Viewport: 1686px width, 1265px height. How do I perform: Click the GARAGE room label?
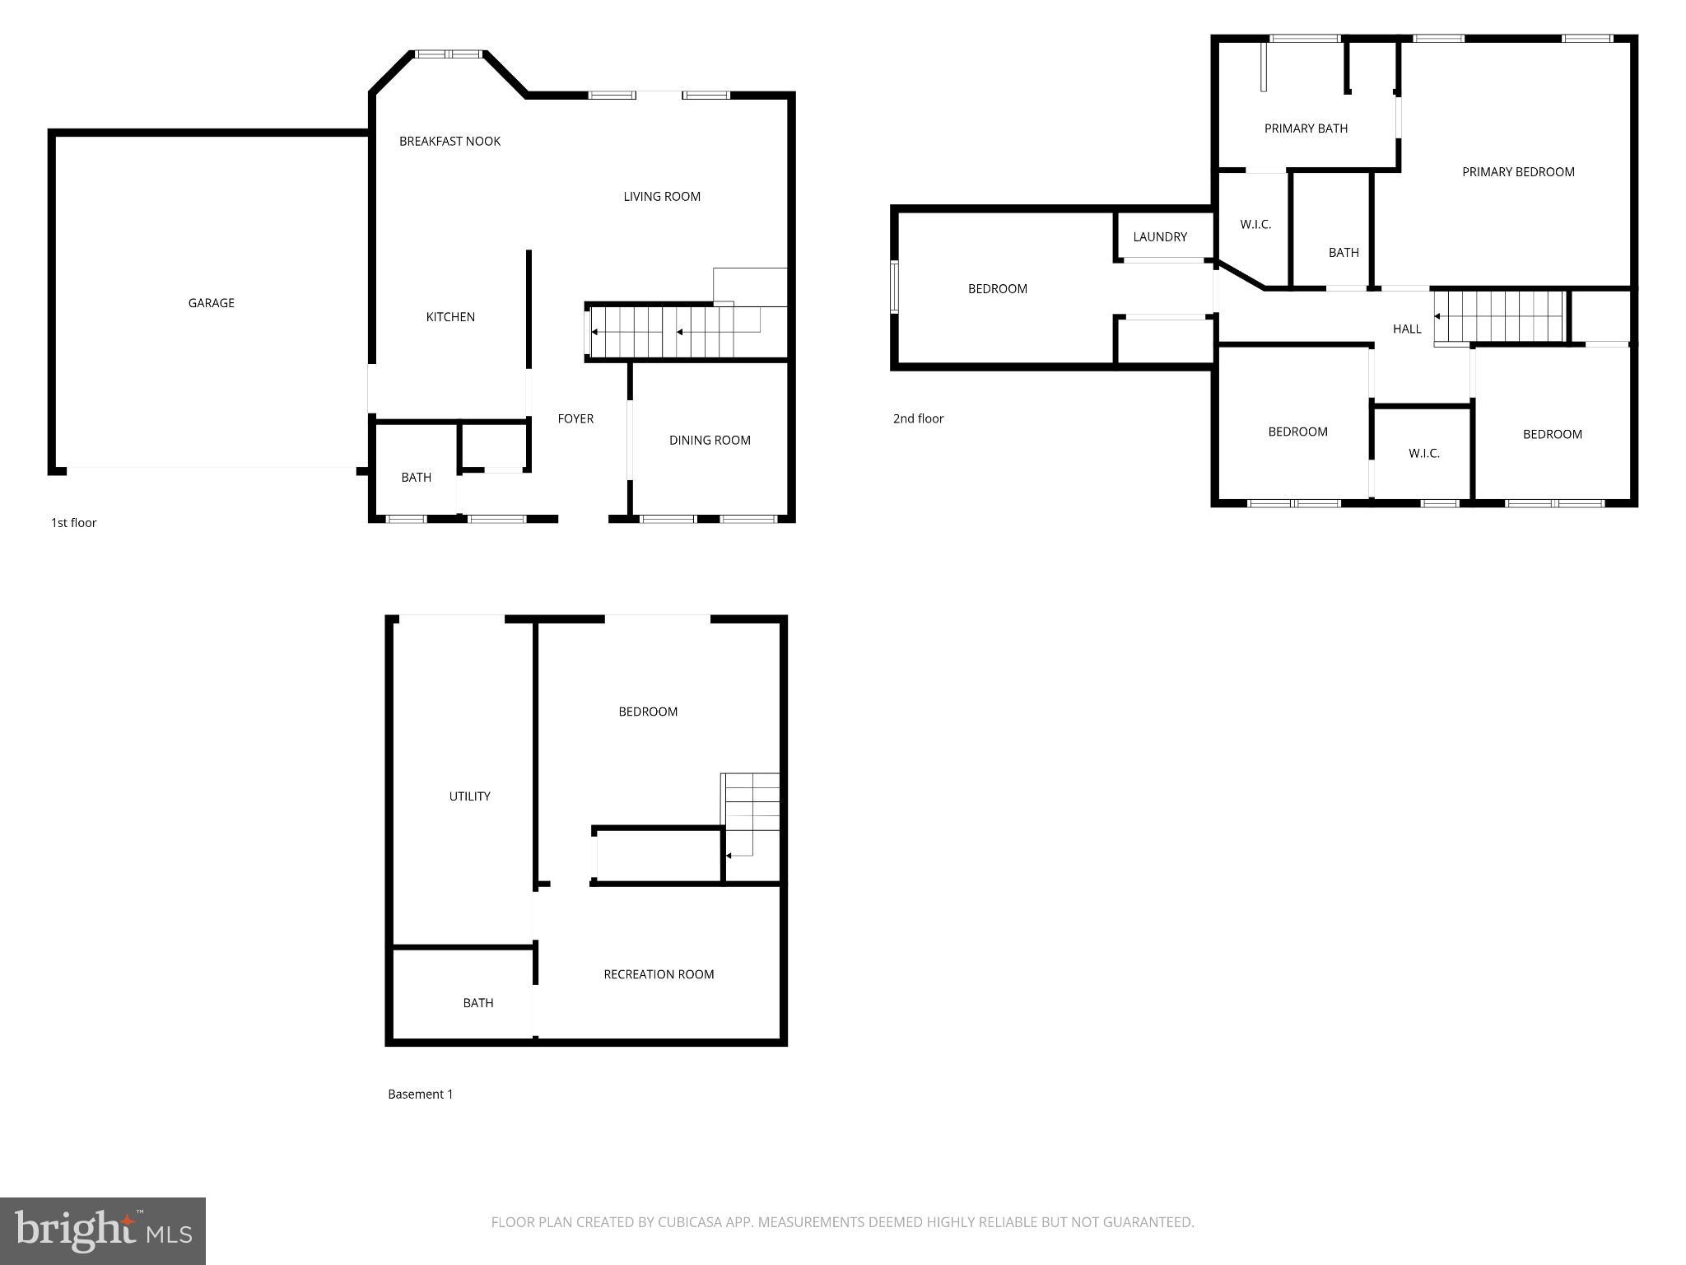point(211,303)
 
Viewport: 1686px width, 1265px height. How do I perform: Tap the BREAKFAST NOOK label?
point(449,141)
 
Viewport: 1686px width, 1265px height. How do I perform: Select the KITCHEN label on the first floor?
point(450,317)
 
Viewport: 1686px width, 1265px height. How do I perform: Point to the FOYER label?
point(575,418)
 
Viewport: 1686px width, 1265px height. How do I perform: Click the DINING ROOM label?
point(710,440)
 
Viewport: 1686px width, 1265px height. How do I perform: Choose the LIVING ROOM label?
point(662,196)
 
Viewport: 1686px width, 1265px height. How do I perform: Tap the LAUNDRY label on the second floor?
point(1160,236)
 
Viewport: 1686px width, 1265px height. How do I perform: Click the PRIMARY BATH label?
point(1306,128)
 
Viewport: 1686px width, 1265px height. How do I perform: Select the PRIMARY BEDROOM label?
point(1518,171)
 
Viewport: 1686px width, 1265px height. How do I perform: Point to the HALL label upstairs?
point(1407,329)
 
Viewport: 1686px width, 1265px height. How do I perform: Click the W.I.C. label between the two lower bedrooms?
point(1423,453)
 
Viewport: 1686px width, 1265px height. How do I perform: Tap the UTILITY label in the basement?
point(469,796)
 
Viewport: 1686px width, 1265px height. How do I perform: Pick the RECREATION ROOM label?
point(659,974)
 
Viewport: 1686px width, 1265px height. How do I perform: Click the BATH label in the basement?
point(477,1002)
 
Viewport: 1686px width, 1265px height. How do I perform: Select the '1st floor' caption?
point(74,522)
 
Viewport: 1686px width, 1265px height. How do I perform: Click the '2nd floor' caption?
point(918,418)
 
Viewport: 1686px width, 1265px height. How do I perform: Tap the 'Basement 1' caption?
point(420,1094)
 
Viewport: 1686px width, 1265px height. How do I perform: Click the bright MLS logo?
point(103,1230)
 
